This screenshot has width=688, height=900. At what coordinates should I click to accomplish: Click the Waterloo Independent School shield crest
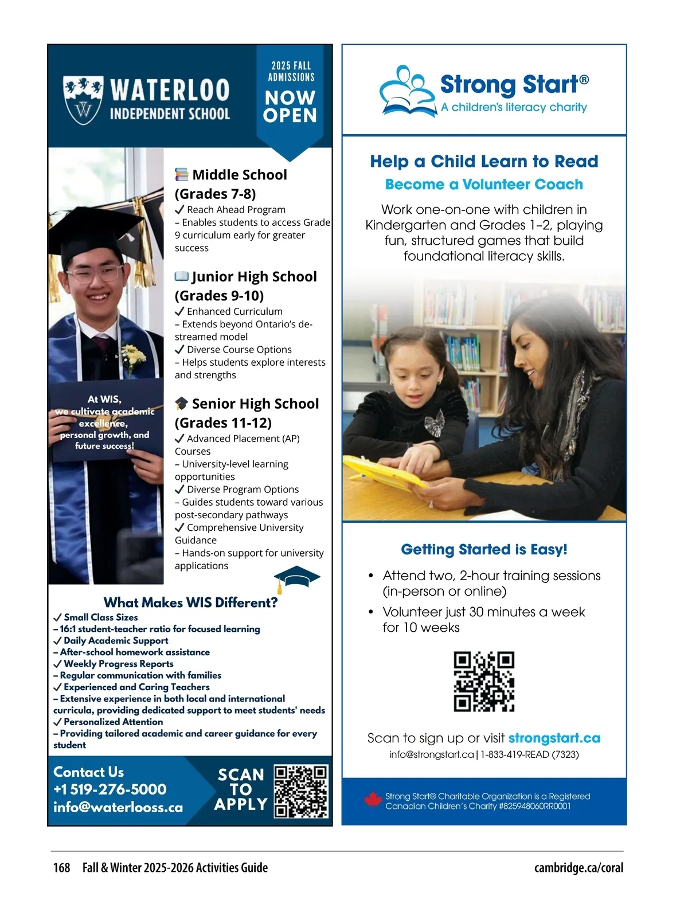click(83, 100)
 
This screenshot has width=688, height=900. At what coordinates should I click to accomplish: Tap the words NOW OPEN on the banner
click(290, 107)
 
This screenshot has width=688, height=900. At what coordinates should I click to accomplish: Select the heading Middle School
click(239, 175)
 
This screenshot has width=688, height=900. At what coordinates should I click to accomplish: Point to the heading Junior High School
click(254, 277)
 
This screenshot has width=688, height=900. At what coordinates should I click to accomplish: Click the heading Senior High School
click(255, 404)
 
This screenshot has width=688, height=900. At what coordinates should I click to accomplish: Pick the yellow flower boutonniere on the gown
click(133, 357)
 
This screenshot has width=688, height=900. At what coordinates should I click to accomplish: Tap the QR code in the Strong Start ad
click(484, 682)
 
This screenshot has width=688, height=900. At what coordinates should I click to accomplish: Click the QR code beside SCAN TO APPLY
click(300, 791)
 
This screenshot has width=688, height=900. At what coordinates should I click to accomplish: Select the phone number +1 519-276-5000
click(110, 789)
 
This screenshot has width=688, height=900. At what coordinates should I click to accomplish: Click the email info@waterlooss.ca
click(118, 807)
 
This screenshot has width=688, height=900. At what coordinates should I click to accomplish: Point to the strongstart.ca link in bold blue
click(554, 738)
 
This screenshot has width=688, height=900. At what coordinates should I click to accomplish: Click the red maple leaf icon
click(373, 800)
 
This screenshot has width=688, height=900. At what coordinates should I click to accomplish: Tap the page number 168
click(61, 867)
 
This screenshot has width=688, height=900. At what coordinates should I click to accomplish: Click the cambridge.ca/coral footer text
click(578, 867)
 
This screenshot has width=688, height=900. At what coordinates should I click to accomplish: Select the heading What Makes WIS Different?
click(190, 602)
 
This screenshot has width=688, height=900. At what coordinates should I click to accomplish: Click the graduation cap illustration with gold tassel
click(296, 578)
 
